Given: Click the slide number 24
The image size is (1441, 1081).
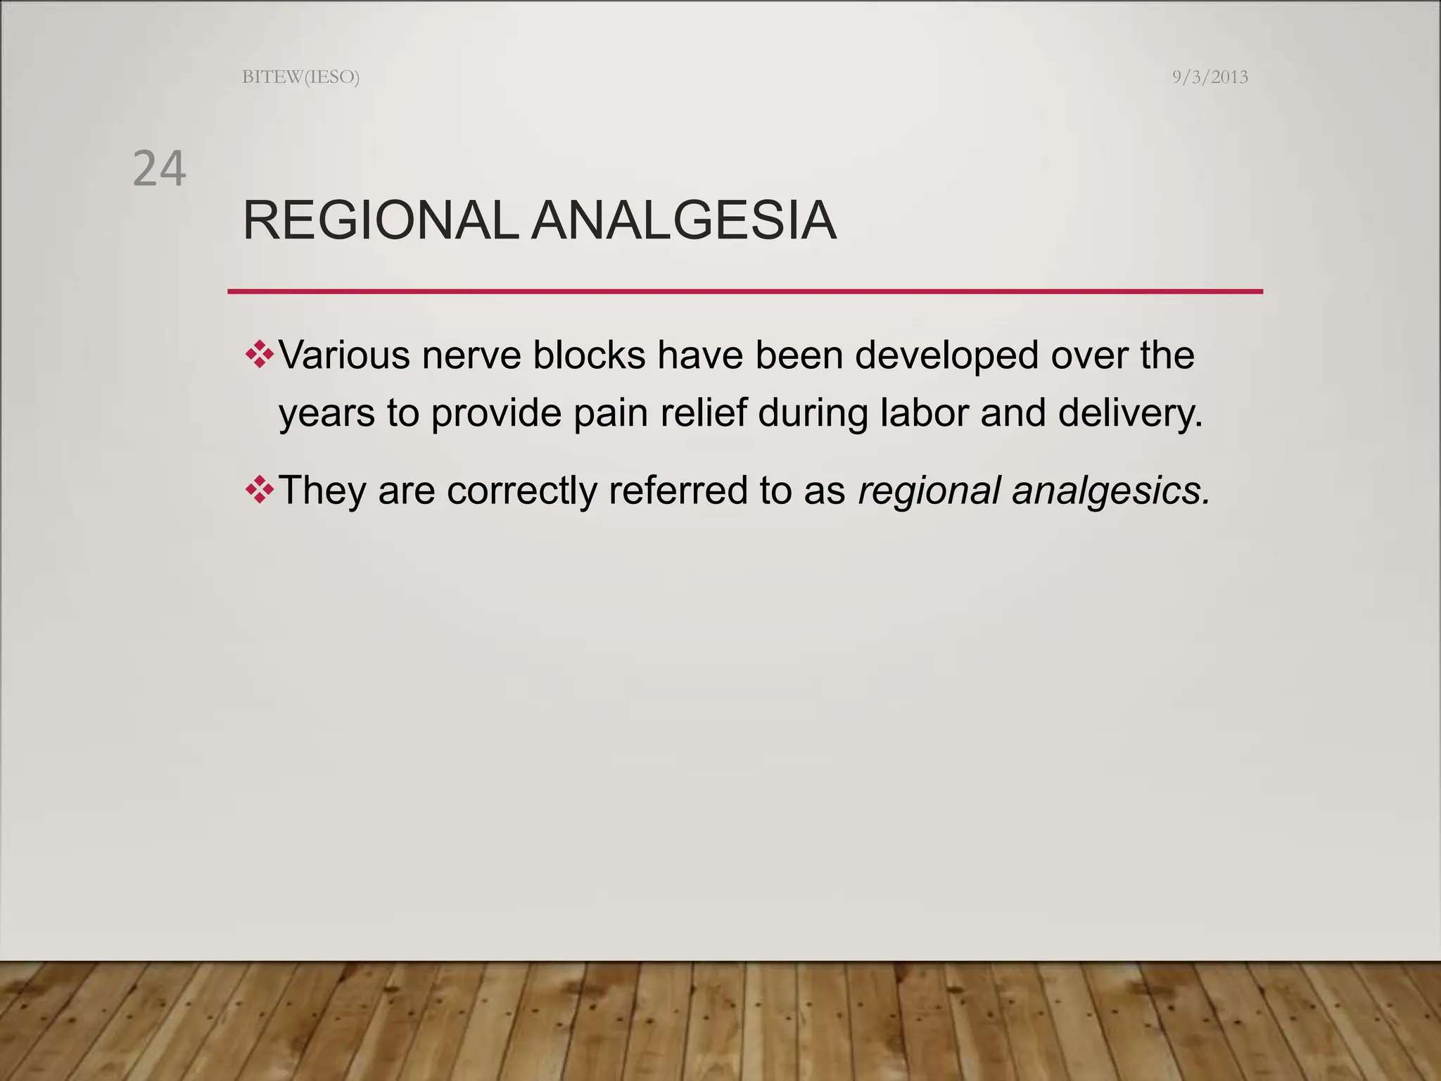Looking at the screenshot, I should click(159, 169).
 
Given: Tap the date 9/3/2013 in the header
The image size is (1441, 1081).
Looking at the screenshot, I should click(1210, 77).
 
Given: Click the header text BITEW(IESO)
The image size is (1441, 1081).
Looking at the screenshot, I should click(300, 77).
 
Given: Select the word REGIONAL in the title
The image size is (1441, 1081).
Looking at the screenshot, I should click(380, 221).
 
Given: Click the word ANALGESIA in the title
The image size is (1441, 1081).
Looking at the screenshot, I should click(683, 221).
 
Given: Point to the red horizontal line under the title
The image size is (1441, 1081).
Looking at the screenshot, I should click(744, 291).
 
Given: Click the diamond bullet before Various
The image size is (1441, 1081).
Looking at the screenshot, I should click(260, 354).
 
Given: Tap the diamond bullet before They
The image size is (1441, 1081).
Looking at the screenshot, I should click(260, 489).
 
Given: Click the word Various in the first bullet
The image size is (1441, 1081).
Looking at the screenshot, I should click(344, 355).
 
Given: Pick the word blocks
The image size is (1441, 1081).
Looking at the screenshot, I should click(589, 355).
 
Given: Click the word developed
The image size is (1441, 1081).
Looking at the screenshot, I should click(946, 355).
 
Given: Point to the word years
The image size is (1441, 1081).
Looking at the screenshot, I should click(326, 414).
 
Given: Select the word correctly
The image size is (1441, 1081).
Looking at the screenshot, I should click(521, 491).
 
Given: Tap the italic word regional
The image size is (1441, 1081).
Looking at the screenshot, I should click(929, 491).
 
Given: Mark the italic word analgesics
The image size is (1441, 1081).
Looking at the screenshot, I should click(1110, 491).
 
